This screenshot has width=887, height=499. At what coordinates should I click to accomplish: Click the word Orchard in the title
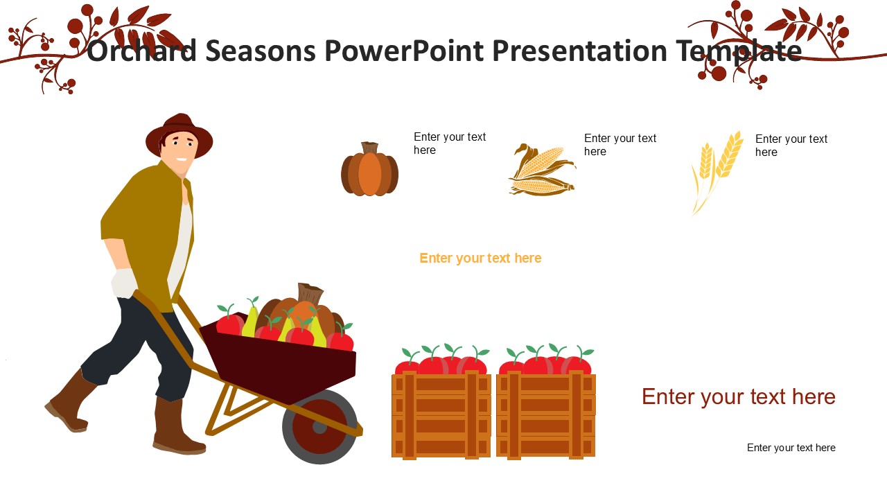pyautogui.click(x=141, y=51)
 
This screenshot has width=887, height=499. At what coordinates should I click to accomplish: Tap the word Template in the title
pyautogui.click(x=739, y=51)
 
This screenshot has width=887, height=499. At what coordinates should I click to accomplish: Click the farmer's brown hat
pyautogui.click(x=179, y=134)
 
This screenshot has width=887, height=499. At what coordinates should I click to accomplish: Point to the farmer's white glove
pyautogui.click(x=124, y=283)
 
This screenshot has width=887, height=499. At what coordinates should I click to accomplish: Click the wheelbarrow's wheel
pyautogui.click(x=319, y=426)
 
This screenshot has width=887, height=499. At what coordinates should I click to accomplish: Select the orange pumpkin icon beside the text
pyautogui.click(x=369, y=169)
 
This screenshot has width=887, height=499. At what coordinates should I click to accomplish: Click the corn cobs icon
pyautogui.click(x=542, y=170)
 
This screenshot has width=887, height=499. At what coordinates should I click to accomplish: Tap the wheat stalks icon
pyautogui.click(x=716, y=173)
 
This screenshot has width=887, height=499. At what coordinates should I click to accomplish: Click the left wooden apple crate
pyautogui.click(x=441, y=415)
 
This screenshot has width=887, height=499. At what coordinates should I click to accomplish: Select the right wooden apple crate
pyautogui.click(x=545, y=415)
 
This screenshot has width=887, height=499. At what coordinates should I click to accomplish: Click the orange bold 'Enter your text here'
pyautogui.click(x=480, y=259)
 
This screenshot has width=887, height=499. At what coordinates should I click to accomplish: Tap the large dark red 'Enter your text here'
pyautogui.click(x=739, y=397)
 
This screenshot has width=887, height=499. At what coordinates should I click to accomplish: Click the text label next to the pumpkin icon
pyautogui.click(x=450, y=143)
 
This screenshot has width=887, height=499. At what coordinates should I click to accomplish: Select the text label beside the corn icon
pyautogui.click(x=620, y=145)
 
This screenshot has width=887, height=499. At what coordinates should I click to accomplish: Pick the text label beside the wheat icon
pyautogui.click(x=791, y=146)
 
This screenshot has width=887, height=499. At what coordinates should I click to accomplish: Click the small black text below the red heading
pyautogui.click(x=791, y=448)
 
